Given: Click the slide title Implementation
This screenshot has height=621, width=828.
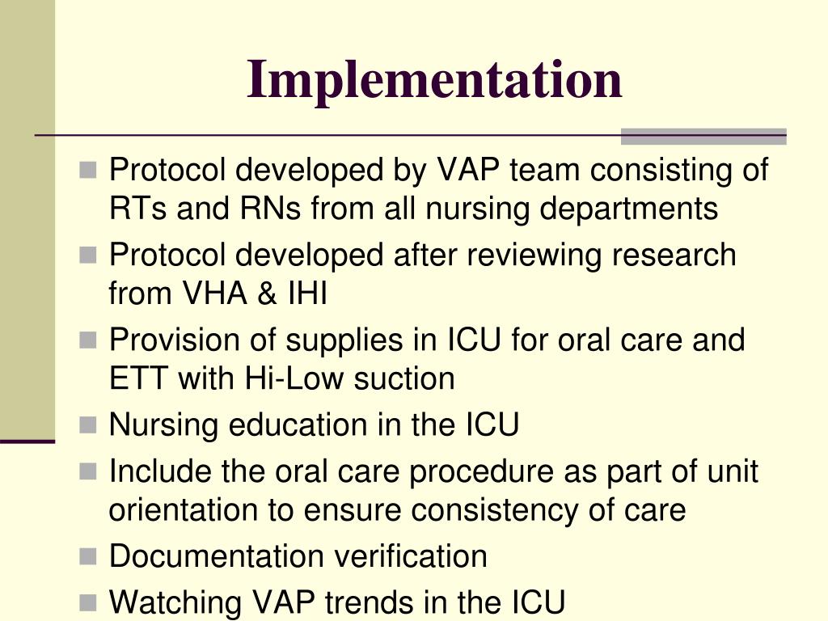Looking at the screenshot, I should click(x=434, y=79).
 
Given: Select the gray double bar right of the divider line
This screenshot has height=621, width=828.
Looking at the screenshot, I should click(x=703, y=136).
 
